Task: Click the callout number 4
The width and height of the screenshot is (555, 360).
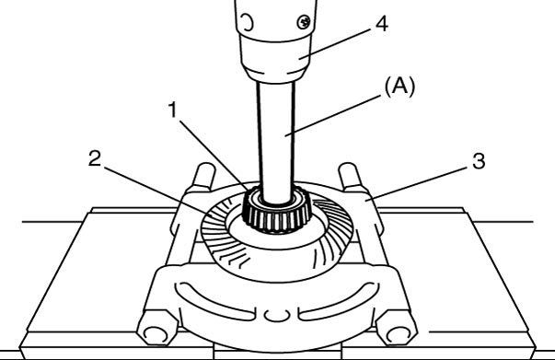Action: coord(382,25)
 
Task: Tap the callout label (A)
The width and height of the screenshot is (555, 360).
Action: coord(399,87)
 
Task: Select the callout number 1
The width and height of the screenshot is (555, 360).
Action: coord(172,110)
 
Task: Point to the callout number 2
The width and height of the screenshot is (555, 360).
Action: coord(95,158)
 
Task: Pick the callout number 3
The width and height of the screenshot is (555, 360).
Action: coord(479,161)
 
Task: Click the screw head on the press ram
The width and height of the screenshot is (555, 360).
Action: coord(304,22)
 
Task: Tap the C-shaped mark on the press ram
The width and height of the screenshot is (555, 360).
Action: coord(249,22)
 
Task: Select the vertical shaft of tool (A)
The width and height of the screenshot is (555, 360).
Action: coord(276,142)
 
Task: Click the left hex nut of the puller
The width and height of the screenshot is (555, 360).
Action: coord(156,328)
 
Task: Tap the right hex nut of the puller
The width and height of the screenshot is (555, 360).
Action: coord(397,328)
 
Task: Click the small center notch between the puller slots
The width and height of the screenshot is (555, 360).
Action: coord(276,315)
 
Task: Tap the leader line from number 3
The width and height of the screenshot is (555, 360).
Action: coord(419,184)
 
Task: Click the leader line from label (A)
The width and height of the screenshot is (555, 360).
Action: coord(335,115)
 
